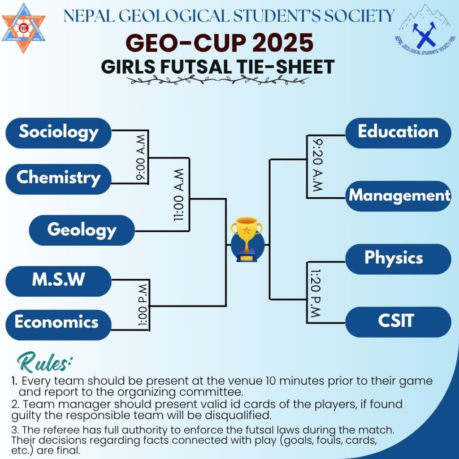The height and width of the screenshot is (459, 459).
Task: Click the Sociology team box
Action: point(59,133)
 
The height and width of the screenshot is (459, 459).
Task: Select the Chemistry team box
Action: point(59,179)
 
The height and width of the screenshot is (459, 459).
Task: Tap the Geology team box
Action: point(82,230)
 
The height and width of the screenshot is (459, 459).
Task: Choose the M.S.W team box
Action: point(59,281)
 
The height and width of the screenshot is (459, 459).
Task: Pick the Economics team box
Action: point(59,325)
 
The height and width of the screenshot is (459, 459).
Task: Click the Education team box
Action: point(398,133)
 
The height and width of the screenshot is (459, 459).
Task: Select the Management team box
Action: point(398,196)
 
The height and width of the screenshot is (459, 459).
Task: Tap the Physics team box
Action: point(398,259)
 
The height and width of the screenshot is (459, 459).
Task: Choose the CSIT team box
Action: point(398,322)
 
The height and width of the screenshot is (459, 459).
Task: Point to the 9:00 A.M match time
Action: point(141,157)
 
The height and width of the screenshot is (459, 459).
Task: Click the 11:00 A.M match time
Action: point(179,195)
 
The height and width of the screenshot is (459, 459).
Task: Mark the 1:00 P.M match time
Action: point(143,305)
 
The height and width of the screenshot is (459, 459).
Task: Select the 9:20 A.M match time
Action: point(317,165)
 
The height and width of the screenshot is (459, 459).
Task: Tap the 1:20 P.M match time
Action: point(316,293)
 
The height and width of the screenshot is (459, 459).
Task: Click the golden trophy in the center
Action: point(247,239)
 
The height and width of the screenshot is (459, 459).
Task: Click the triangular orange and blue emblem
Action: point(23,28)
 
